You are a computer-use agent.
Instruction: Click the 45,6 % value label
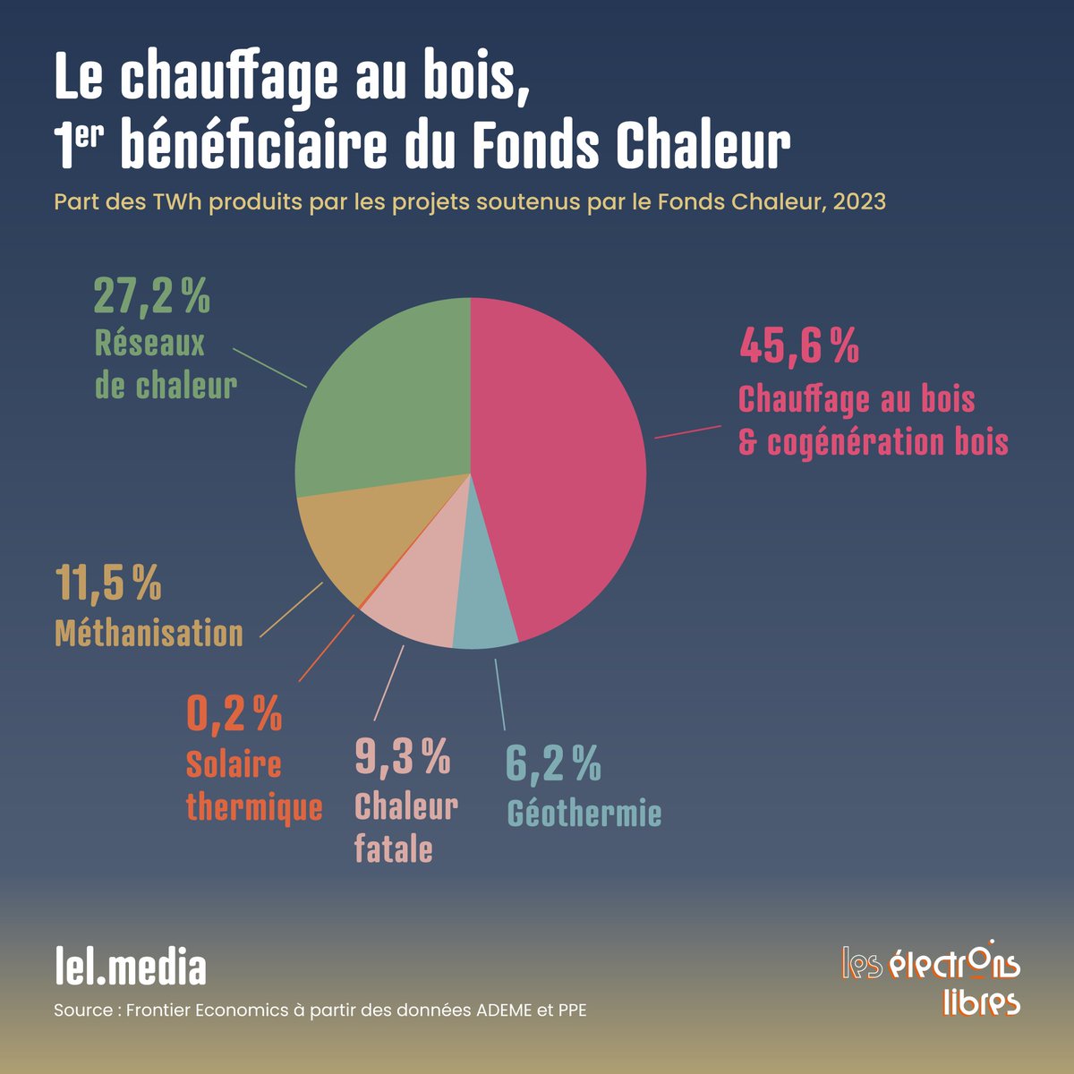[798, 346]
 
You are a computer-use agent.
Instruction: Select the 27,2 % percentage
[151, 296]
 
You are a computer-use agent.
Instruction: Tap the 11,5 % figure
[108, 584]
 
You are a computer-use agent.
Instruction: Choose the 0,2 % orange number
[234, 713]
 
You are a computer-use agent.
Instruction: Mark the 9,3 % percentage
[403, 756]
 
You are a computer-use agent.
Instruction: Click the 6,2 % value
[553, 763]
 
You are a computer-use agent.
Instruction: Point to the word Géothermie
[584, 814]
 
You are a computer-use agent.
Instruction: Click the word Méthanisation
[149, 633]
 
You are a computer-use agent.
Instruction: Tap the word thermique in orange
[254, 808]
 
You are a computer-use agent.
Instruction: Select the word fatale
[394, 848]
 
